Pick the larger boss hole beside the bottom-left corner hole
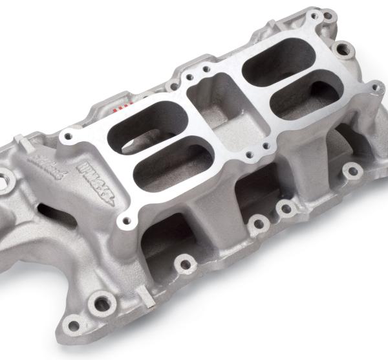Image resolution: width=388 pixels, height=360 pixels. (101, 302)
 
